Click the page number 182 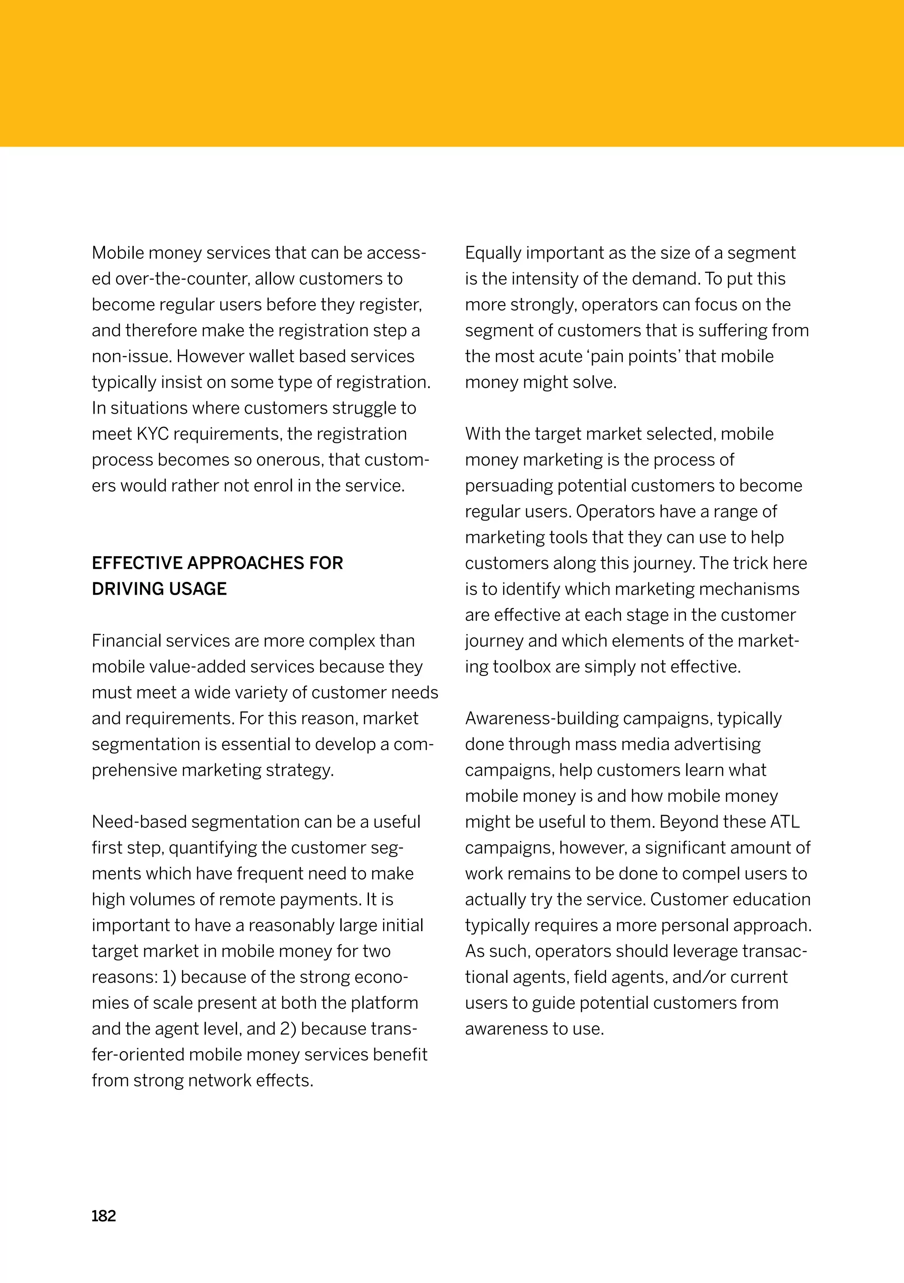pyautogui.click(x=103, y=1216)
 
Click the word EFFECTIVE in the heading pyautogui.click(x=137, y=563)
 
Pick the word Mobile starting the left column pyautogui.click(x=118, y=253)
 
